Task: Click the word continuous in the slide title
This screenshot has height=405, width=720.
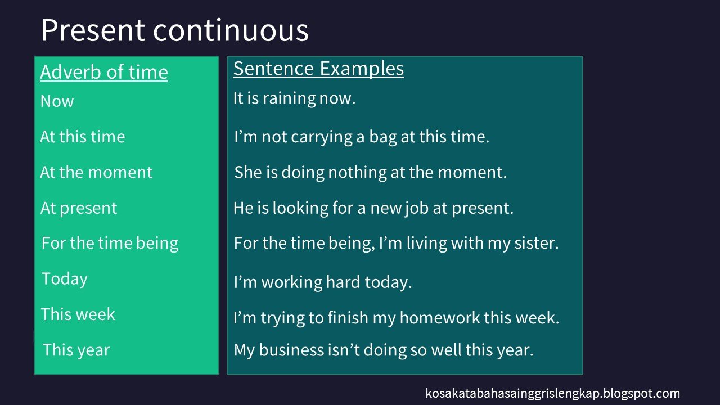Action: tap(231, 30)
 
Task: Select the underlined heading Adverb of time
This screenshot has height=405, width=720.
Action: tap(104, 73)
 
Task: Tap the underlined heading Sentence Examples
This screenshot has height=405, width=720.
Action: tap(318, 69)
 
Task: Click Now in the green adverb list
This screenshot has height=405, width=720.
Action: tap(57, 101)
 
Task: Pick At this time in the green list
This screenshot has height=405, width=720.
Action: tap(82, 137)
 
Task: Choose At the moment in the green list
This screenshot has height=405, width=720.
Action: tap(96, 172)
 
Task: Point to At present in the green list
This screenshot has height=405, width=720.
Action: tap(79, 208)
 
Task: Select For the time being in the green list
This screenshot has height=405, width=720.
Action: tap(110, 243)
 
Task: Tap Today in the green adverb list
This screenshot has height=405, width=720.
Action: tap(64, 279)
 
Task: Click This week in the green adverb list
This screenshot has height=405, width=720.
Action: tap(78, 314)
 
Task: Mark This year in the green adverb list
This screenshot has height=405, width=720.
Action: tap(76, 350)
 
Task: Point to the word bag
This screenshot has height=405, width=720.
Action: tap(383, 137)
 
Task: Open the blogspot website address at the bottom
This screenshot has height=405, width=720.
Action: tap(552, 394)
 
